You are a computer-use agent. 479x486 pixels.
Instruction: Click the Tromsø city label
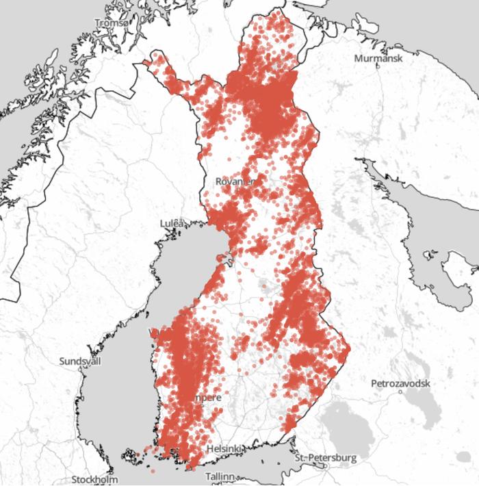click(x=111, y=23)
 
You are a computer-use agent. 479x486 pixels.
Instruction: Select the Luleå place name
click(x=172, y=223)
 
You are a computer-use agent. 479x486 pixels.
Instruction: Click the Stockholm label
click(x=93, y=478)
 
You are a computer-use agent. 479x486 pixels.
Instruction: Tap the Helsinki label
click(x=224, y=449)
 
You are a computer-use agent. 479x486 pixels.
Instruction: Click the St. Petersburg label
click(x=326, y=457)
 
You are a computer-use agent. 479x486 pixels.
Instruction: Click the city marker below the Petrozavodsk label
click(x=399, y=394)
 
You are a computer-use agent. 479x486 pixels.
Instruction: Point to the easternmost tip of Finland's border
click(x=350, y=348)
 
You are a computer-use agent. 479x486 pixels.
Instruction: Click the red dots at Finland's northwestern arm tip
click(x=147, y=63)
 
